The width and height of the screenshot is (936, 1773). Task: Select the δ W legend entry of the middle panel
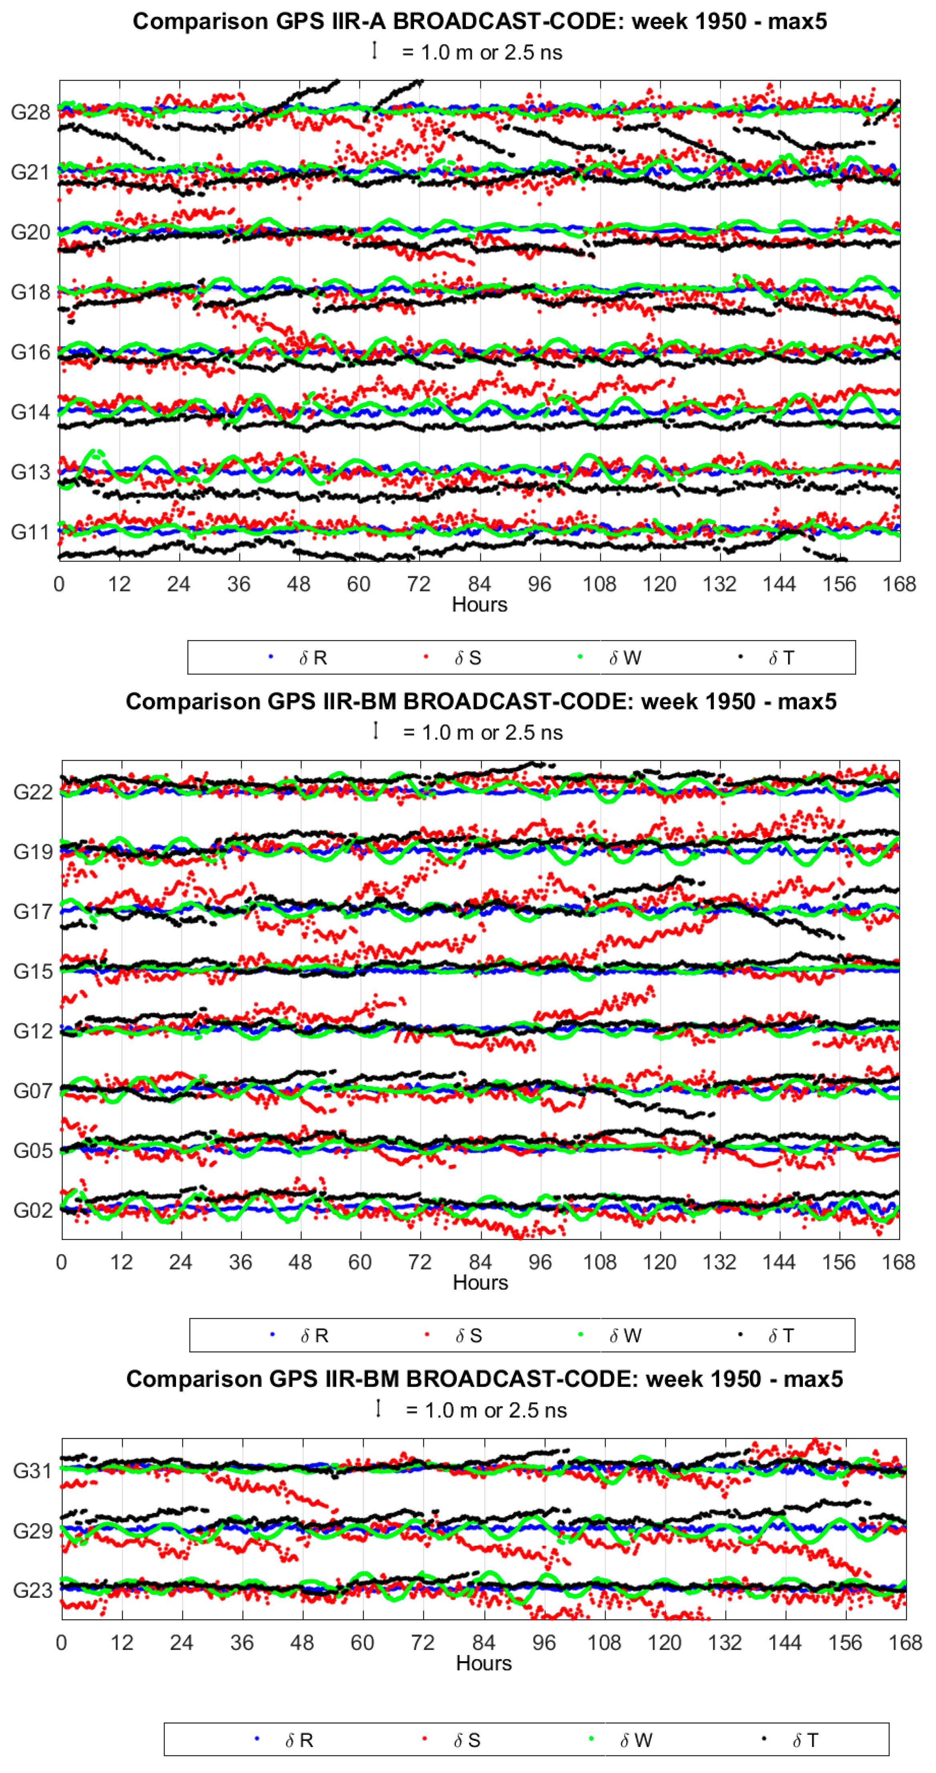tap(625, 1336)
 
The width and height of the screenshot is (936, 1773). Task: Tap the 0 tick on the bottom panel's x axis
tap(61, 1643)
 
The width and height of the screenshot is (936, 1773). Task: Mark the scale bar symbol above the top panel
tap(374, 50)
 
